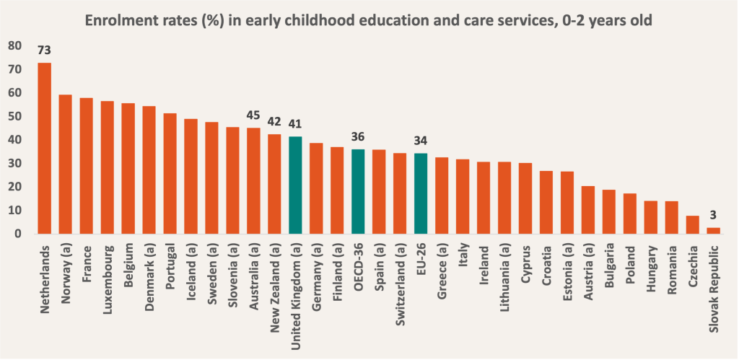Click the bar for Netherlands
pyautogui.click(x=44, y=148)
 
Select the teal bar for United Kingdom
pyautogui.click(x=295, y=185)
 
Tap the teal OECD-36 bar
pyautogui.click(x=358, y=191)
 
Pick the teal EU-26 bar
pyautogui.click(x=421, y=193)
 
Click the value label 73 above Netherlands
pyautogui.click(x=44, y=51)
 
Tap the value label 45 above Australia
pyautogui.click(x=253, y=114)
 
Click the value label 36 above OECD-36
pyautogui.click(x=358, y=135)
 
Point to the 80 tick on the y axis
pyautogui.click(x=15, y=45)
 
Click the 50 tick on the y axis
pyautogui.click(x=15, y=116)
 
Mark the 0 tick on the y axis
pyautogui.click(x=18, y=234)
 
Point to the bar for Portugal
pyautogui.click(x=170, y=173)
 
